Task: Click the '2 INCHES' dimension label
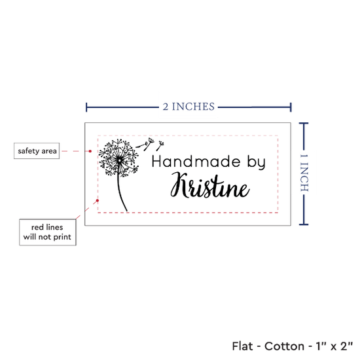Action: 189,107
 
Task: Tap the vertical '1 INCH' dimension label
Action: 304,173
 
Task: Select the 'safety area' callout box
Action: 37,151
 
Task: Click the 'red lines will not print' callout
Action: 48,232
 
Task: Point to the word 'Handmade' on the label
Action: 196,162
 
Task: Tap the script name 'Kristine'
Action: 210,185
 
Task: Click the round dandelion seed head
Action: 119,158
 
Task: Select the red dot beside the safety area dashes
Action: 90,151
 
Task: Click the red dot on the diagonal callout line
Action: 98,201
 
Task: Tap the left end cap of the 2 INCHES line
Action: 86,107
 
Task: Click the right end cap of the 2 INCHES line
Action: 291,107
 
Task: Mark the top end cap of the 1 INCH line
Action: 304,124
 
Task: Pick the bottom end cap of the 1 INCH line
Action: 304,225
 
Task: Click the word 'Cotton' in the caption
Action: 284,346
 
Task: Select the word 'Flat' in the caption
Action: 242,346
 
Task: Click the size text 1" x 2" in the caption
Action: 334,346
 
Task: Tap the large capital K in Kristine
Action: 179,185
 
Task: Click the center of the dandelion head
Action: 119,160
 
